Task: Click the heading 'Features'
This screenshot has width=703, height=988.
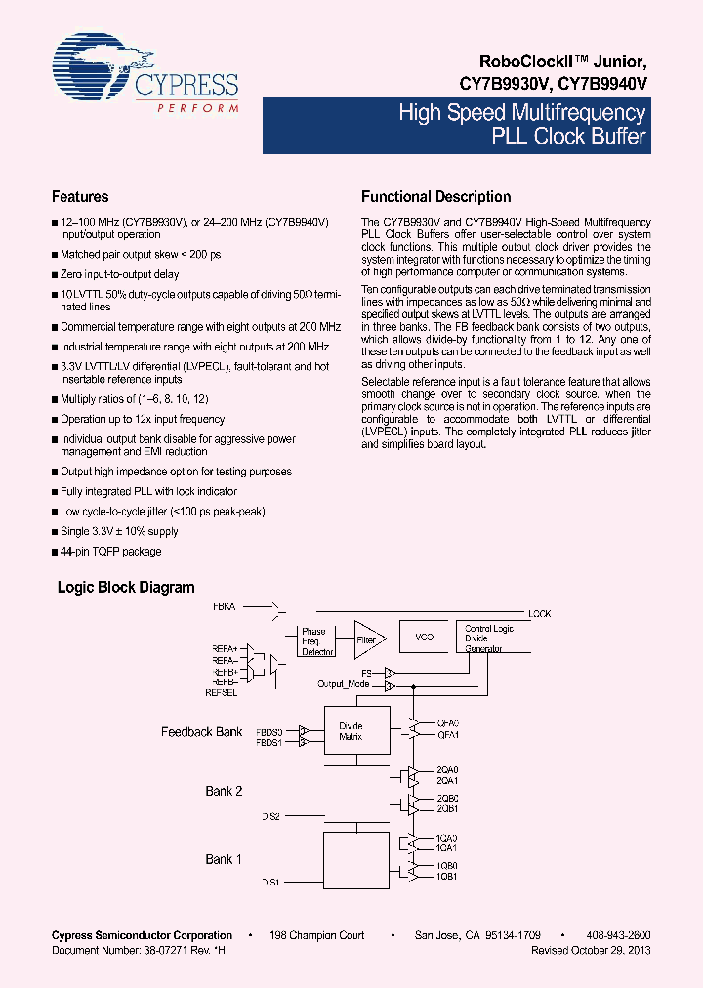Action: pyautogui.click(x=80, y=197)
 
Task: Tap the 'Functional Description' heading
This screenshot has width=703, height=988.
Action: pyautogui.click(x=435, y=197)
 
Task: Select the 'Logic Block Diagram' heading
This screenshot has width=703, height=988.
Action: pyautogui.click(x=126, y=588)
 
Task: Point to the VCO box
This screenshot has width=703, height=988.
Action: pyautogui.click(x=424, y=637)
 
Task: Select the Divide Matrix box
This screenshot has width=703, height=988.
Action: pyautogui.click(x=351, y=731)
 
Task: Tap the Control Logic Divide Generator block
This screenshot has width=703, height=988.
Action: pyautogui.click(x=488, y=638)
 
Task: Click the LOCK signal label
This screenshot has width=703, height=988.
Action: pyautogui.click(x=539, y=614)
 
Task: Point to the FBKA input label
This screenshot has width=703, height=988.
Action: pyautogui.click(x=225, y=607)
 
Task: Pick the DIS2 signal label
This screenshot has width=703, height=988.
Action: pyautogui.click(x=270, y=815)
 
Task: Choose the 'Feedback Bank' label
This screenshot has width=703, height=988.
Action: pyautogui.click(x=201, y=732)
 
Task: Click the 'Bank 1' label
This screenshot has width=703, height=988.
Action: pyautogui.click(x=224, y=859)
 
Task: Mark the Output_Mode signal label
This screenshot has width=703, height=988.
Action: pyautogui.click(x=343, y=685)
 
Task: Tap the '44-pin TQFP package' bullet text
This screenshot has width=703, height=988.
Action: pyautogui.click(x=110, y=552)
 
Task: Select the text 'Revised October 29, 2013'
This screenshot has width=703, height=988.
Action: pyautogui.click(x=591, y=950)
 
